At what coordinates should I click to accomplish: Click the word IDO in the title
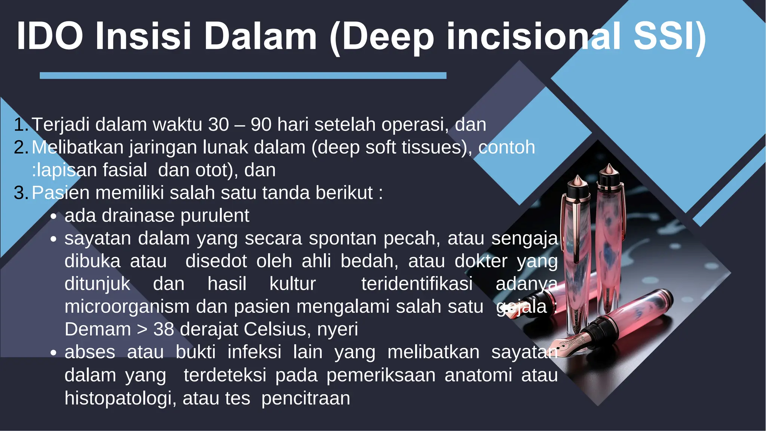(49, 36)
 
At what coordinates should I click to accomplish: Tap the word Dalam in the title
(260, 36)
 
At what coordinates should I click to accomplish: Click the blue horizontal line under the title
(243, 76)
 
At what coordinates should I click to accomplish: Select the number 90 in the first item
(261, 125)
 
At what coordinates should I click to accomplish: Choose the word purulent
(215, 216)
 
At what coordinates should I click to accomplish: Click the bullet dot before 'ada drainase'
(54, 217)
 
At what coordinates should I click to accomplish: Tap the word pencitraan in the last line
(306, 398)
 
